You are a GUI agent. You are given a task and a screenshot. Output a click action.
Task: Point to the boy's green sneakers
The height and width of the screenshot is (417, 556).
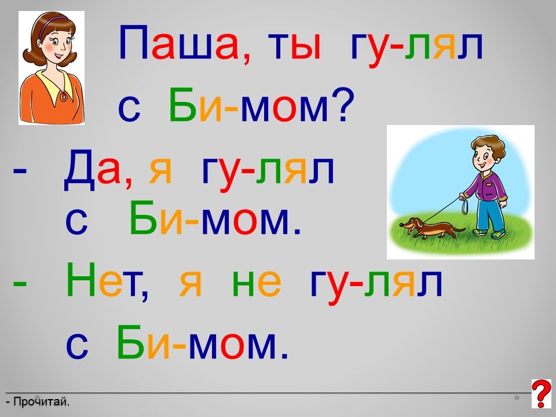coord(489,233)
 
